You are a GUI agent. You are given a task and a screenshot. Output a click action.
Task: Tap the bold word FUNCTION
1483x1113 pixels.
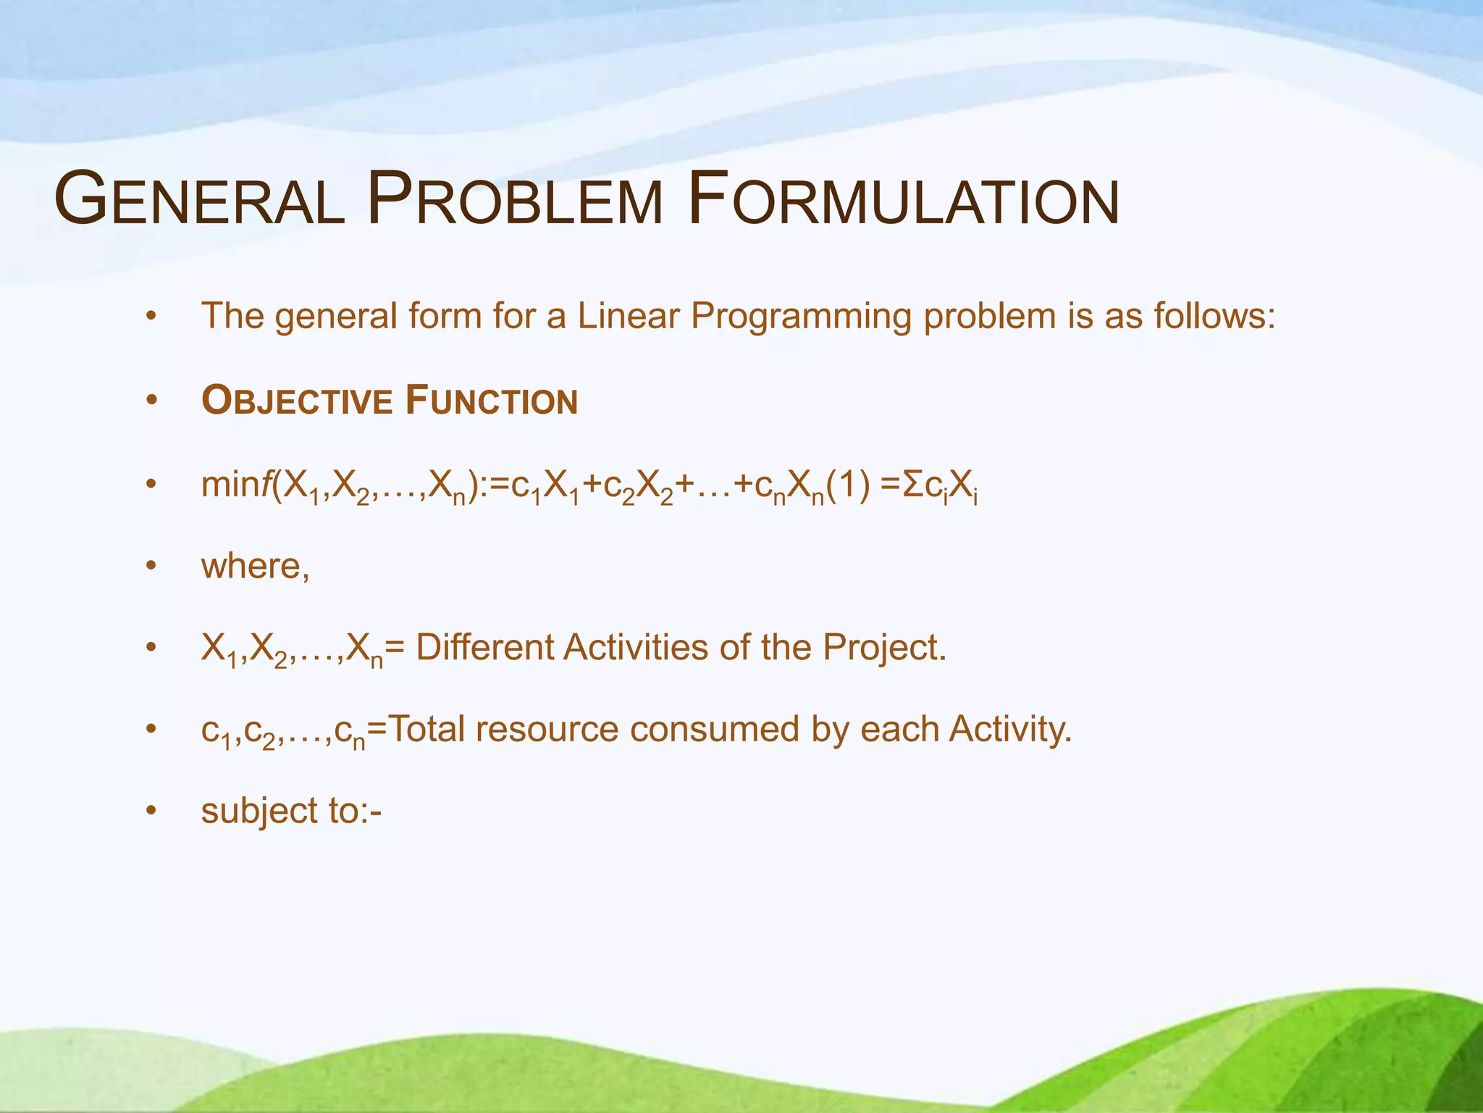pos(492,401)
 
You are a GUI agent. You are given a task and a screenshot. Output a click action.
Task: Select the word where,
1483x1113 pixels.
pos(255,567)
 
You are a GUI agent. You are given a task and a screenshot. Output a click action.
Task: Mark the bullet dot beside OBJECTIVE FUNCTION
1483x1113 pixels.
pos(151,401)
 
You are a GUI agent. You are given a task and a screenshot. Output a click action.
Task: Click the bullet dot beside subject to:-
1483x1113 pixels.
pos(151,811)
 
